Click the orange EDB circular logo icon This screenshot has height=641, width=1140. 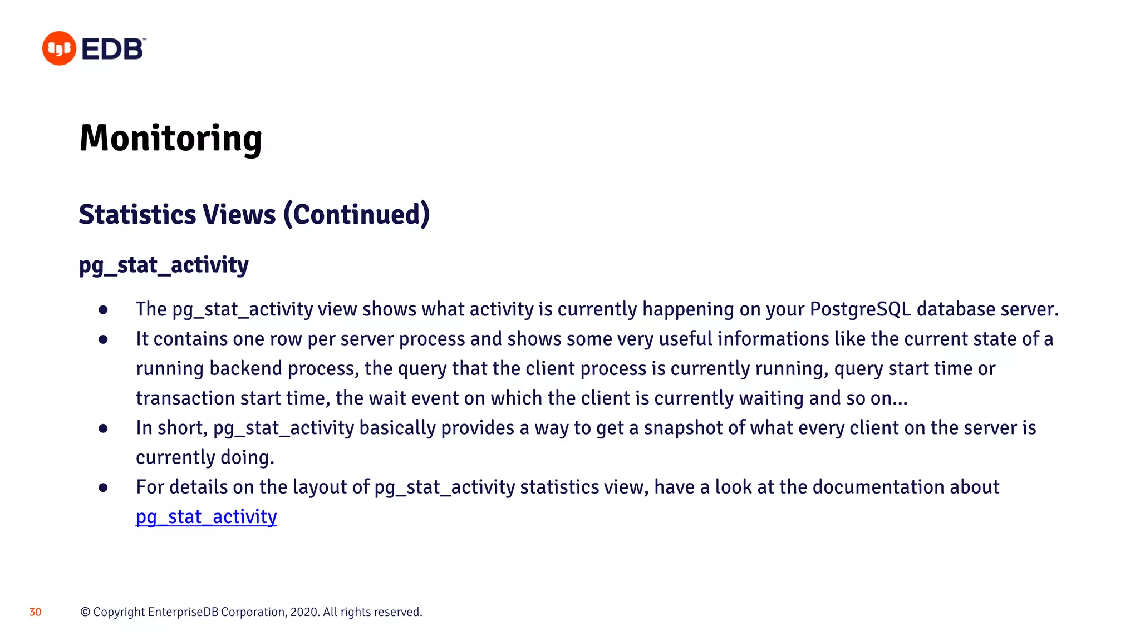59,48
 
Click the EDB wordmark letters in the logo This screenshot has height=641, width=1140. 113,49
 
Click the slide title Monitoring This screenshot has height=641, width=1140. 170,138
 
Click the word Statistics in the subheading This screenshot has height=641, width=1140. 137,215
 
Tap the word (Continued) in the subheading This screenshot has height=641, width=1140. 356,215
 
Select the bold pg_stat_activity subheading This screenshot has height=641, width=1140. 164,265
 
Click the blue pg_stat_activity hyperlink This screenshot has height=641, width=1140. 206,517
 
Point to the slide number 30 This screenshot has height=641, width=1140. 35,612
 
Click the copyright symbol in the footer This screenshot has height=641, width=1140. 85,612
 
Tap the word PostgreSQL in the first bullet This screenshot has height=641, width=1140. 860,309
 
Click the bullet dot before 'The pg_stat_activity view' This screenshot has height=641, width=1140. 103,310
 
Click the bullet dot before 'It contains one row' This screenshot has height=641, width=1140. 103,339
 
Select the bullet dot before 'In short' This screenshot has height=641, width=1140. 103,428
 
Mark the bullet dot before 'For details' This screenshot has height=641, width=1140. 103,488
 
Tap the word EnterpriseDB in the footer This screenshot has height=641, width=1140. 183,612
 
